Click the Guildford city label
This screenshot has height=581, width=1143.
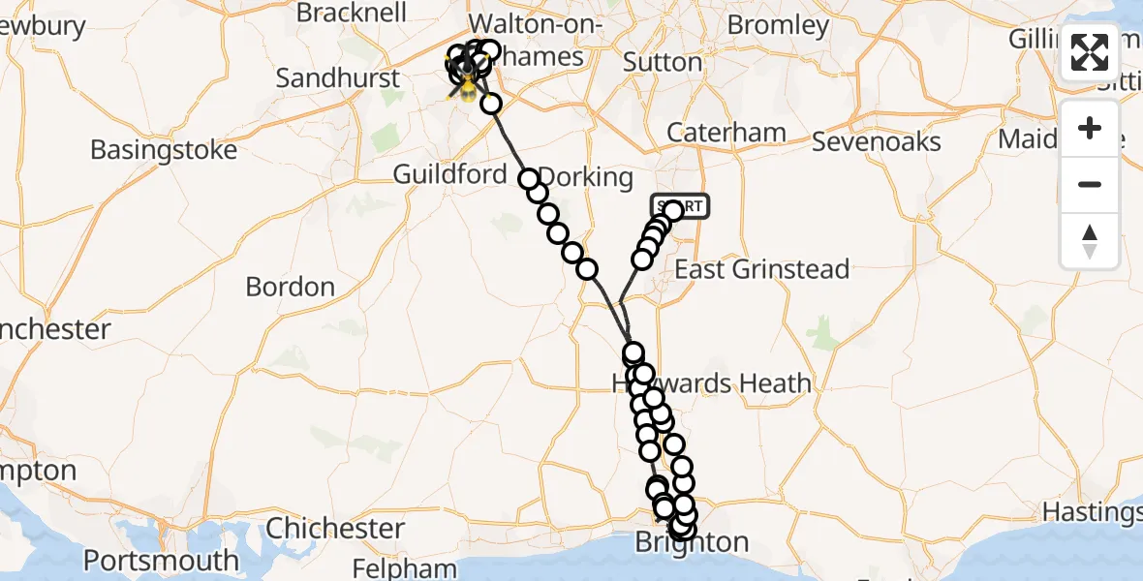449,174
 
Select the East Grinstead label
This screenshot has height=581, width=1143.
761,269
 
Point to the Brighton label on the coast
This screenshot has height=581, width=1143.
692,542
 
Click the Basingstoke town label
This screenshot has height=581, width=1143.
164,150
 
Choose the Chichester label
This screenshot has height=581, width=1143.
335,529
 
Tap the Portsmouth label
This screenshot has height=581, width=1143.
161,561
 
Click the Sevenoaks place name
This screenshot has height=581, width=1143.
876,141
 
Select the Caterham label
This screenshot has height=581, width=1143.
724,133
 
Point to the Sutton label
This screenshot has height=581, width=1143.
663,62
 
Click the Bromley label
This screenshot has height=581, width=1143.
778,24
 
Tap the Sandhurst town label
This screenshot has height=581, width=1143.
337,77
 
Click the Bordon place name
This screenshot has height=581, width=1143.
291,287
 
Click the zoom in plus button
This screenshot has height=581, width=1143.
1090,129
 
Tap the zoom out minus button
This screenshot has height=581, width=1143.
1090,184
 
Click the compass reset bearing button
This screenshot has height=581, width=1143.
1090,241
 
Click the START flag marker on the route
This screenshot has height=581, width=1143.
680,206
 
